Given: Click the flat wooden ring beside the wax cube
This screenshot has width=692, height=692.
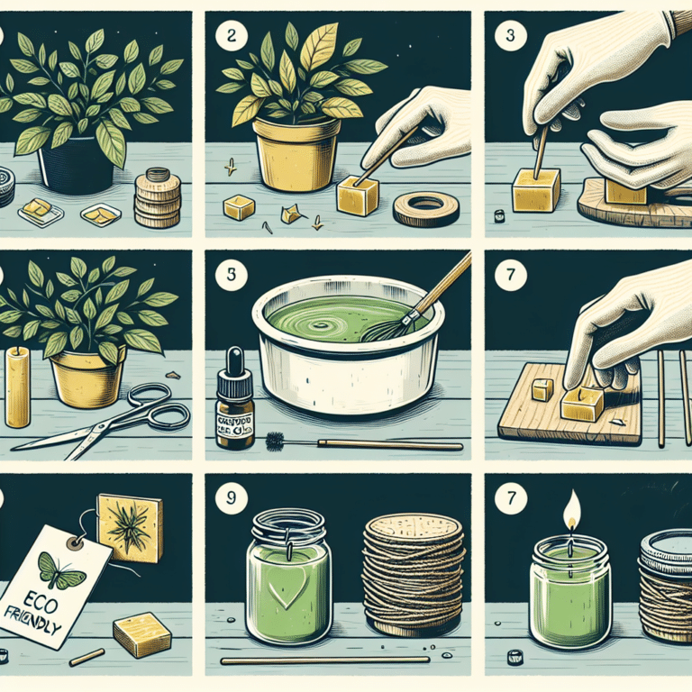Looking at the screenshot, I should click(x=423, y=209).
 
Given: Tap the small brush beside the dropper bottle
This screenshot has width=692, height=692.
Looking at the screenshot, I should click(x=276, y=442).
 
